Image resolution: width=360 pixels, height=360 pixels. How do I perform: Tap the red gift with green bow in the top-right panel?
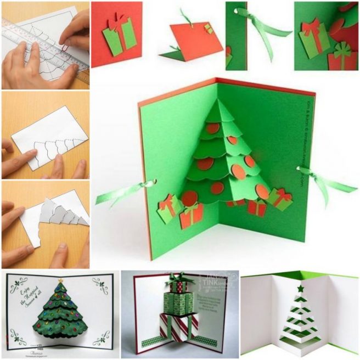[x=341, y=57]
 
